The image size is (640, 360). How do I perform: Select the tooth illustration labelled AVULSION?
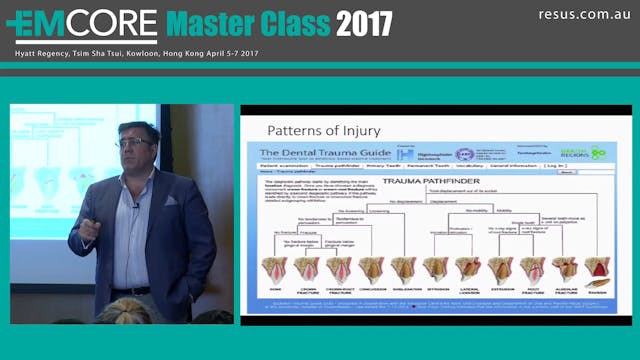tap(596, 271)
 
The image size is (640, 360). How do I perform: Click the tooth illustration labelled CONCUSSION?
tap(371, 271)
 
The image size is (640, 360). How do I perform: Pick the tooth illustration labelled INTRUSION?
tap(435, 271)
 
